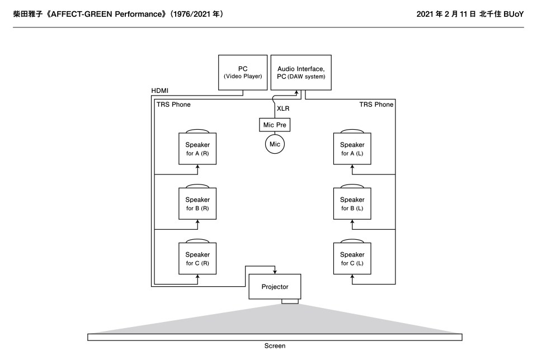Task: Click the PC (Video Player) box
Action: click(x=243, y=72)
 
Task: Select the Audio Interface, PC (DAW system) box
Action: click(x=301, y=72)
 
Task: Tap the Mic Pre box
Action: click(x=275, y=125)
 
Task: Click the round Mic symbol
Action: click(x=275, y=144)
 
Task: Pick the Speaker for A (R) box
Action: click(x=197, y=149)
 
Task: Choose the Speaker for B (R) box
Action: click(x=197, y=203)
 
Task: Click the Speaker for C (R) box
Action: click(x=197, y=258)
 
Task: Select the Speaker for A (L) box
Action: click(x=352, y=149)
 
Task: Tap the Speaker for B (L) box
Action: click(x=352, y=203)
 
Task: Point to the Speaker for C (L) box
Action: click(x=352, y=258)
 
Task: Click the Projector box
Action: click(x=275, y=287)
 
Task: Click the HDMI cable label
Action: click(x=160, y=91)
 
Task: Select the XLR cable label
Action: click(x=283, y=108)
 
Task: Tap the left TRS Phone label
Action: click(x=173, y=105)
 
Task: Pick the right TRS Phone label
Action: click(x=376, y=105)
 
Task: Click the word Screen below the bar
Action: click(x=275, y=346)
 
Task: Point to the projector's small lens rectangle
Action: click(x=290, y=302)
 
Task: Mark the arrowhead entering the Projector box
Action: click(x=275, y=272)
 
